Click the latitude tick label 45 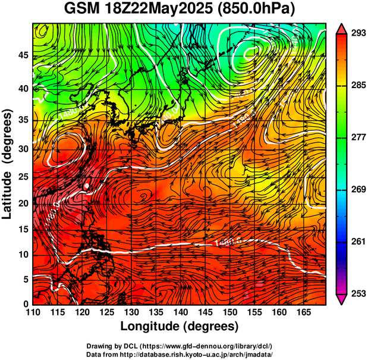(x=23, y=55)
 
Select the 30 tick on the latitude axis (x=23, y=149)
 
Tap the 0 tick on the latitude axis (x=27, y=304)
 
